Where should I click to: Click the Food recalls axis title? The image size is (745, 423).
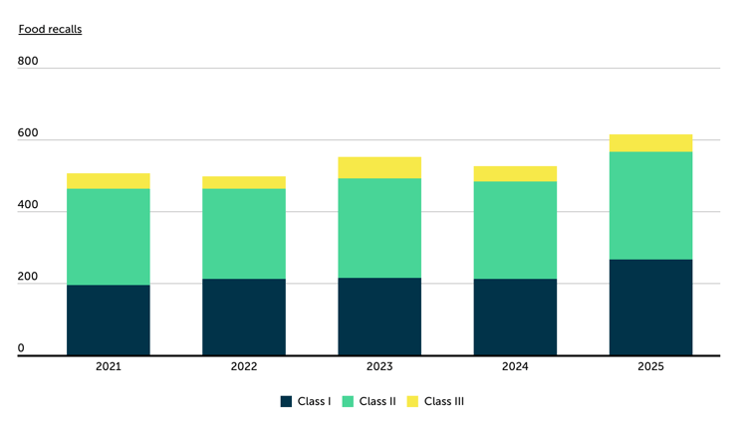(x=50, y=29)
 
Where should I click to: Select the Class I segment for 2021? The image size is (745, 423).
(x=109, y=319)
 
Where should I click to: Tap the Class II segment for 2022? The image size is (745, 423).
(x=244, y=234)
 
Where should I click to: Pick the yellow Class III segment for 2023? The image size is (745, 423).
(x=379, y=167)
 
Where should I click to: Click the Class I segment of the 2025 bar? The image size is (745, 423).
(x=650, y=307)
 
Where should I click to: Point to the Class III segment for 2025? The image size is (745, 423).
(x=650, y=143)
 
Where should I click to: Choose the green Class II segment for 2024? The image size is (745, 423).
(x=515, y=230)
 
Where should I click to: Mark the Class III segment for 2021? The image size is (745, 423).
(x=109, y=180)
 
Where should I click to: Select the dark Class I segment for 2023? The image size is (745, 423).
(x=379, y=317)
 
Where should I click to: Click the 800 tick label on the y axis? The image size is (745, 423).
(x=28, y=62)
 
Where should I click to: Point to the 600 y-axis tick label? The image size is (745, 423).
(x=28, y=134)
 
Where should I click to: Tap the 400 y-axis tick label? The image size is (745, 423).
(x=28, y=206)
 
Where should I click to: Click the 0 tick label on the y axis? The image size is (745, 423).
(x=21, y=349)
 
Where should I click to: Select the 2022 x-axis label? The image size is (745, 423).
(x=244, y=367)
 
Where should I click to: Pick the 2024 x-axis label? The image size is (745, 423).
(x=515, y=367)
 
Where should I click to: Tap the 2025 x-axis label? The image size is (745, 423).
(x=650, y=367)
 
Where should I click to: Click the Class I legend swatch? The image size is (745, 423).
(x=287, y=402)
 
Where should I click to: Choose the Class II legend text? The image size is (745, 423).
(x=377, y=402)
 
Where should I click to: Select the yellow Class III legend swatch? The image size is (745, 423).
(x=414, y=402)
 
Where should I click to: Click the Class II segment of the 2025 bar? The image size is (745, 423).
(x=650, y=205)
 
